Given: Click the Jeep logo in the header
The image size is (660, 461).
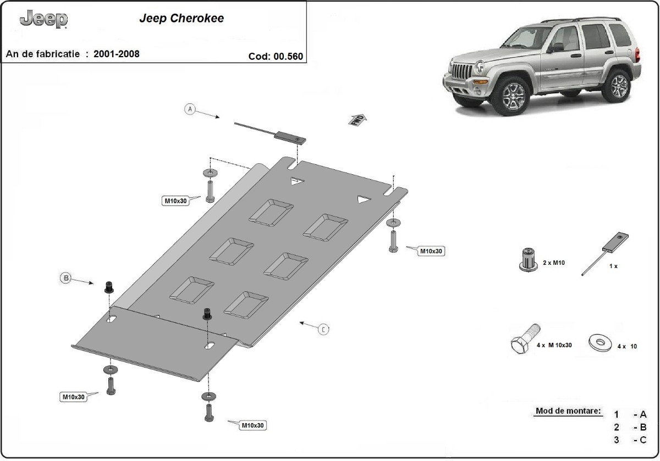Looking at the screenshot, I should click(44, 20).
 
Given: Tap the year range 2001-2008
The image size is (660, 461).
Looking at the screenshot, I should click(116, 54).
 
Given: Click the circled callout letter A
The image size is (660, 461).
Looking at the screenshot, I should click(190, 109).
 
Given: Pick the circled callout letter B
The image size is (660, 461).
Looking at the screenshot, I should click(65, 279).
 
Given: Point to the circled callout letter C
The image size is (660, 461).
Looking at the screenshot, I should click(324, 329).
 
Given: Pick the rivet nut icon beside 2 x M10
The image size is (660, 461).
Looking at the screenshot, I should click(528, 259).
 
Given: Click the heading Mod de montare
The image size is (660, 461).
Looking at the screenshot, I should click(568, 411).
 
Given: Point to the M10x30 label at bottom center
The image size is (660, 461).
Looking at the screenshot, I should click(252, 425).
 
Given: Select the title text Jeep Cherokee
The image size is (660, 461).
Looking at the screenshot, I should click(181, 18).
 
